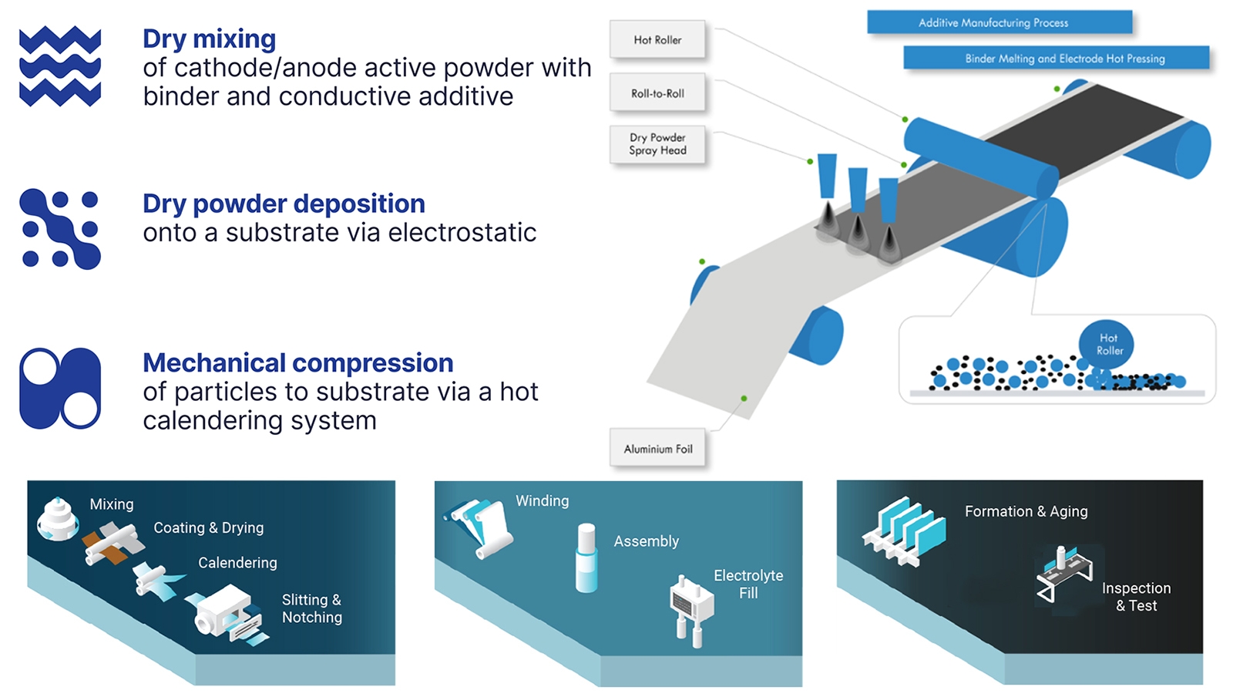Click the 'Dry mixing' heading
209,39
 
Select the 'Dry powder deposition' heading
284,204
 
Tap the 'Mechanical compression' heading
297,363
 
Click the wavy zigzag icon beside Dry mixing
60,66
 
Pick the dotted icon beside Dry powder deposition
60,228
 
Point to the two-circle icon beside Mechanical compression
60,389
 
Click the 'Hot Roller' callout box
657,39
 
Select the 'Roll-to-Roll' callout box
657,93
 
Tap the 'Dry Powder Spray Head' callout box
657,144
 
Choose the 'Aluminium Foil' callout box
657,449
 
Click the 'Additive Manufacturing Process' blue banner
1000,22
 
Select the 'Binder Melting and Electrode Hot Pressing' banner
1057,59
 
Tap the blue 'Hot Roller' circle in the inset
1107,345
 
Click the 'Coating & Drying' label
209,527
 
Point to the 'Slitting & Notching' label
312,608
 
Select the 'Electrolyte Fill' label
748,584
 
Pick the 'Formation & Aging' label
1026,511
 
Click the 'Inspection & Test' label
1136,597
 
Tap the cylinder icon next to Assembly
586,558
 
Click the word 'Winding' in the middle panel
543,500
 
